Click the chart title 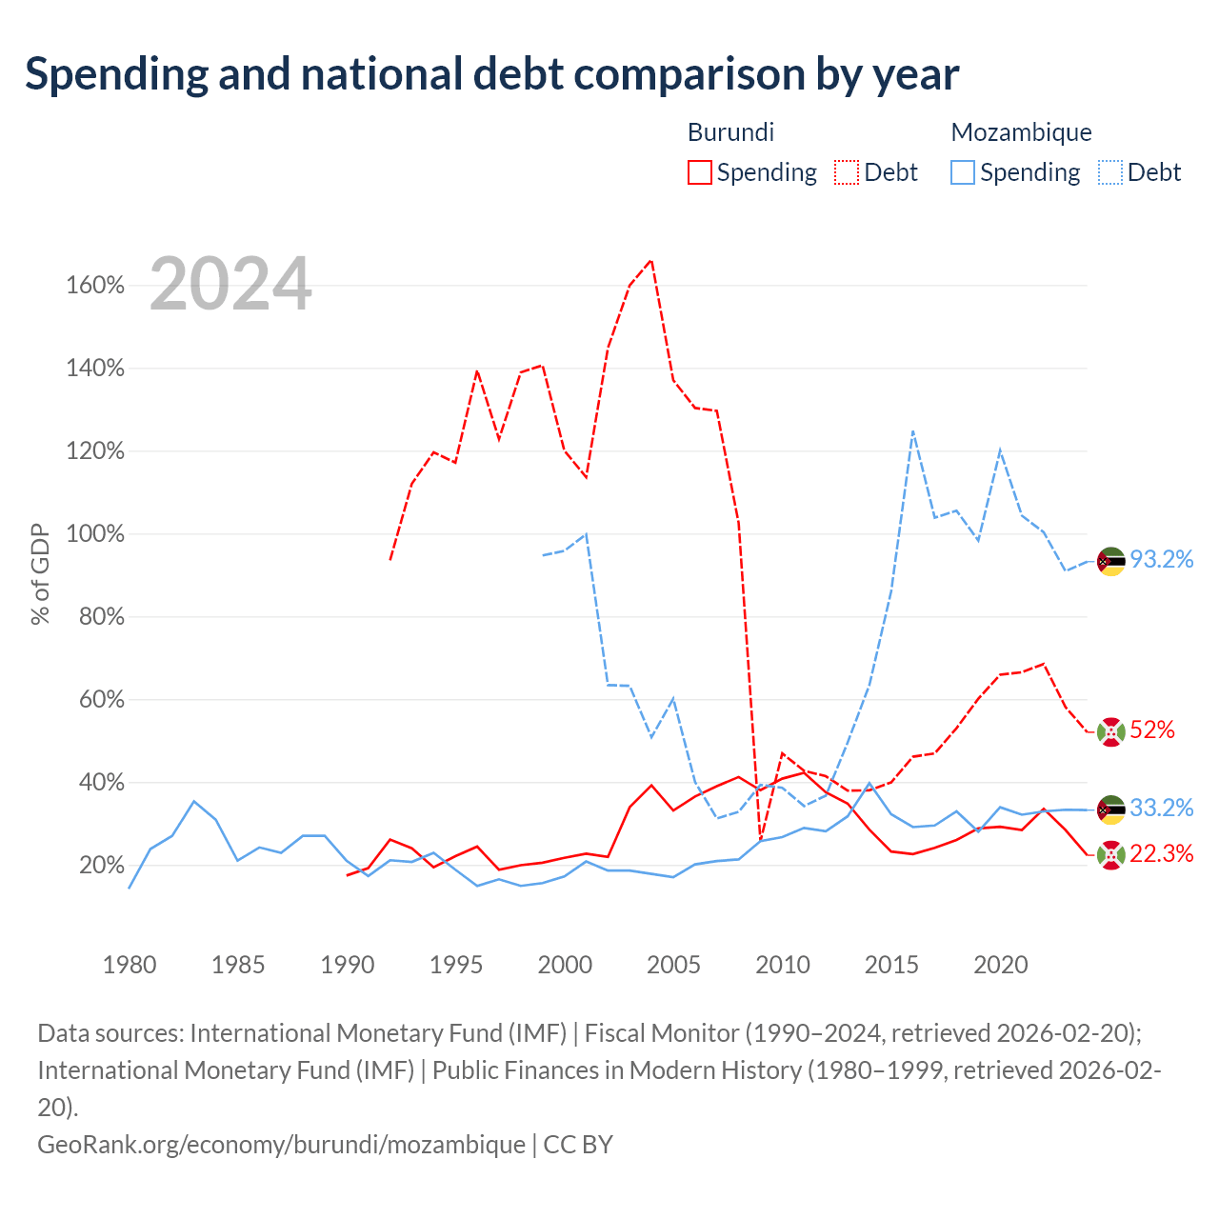pyautogui.click(x=491, y=74)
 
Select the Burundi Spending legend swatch pyautogui.click(x=699, y=172)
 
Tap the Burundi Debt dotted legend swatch pyautogui.click(x=846, y=172)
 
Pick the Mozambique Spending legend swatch pyautogui.click(x=962, y=172)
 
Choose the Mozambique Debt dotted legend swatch pyautogui.click(x=1109, y=172)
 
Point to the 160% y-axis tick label pyautogui.click(x=95, y=286)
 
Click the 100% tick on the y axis pyautogui.click(x=95, y=534)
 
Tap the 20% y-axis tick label pyautogui.click(x=102, y=866)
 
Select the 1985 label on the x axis pyautogui.click(x=238, y=965)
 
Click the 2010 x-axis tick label pyautogui.click(x=783, y=965)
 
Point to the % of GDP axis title pyautogui.click(x=40, y=573)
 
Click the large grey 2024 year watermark pyautogui.click(x=230, y=283)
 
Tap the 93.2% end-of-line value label pyautogui.click(x=1162, y=559)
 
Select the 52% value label pyautogui.click(x=1152, y=730)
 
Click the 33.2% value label pyautogui.click(x=1162, y=808)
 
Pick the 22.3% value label pyautogui.click(x=1162, y=854)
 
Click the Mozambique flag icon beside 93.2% pyautogui.click(x=1110, y=561)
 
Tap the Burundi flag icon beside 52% pyautogui.click(x=1110, y=732)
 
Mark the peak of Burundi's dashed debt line pyautogui.click(x=651, y=260)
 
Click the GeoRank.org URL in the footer pyautogui.click(x=282, y=1145)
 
